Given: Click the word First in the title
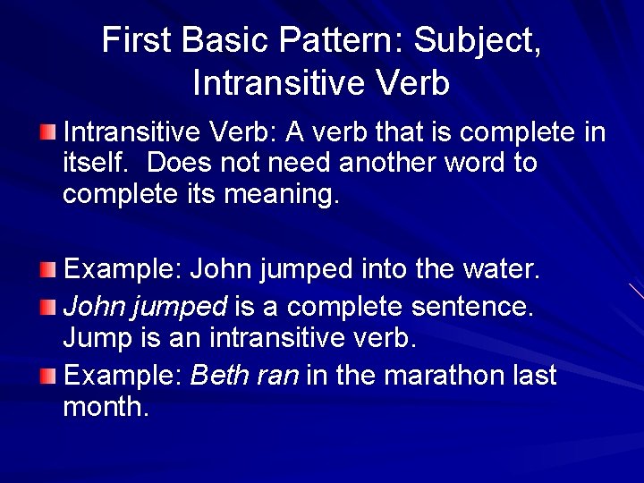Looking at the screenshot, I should pyautogui.click(x=135, y=40).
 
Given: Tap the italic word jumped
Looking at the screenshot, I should pyautogui.click(x=179, y=308).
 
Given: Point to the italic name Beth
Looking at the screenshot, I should pyautogui.click(x=216, y=376).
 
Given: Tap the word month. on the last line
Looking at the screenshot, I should pyautogui.click(x=105, y=408).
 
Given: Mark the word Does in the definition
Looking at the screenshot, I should pyautogui.click(x=176, y=164).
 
